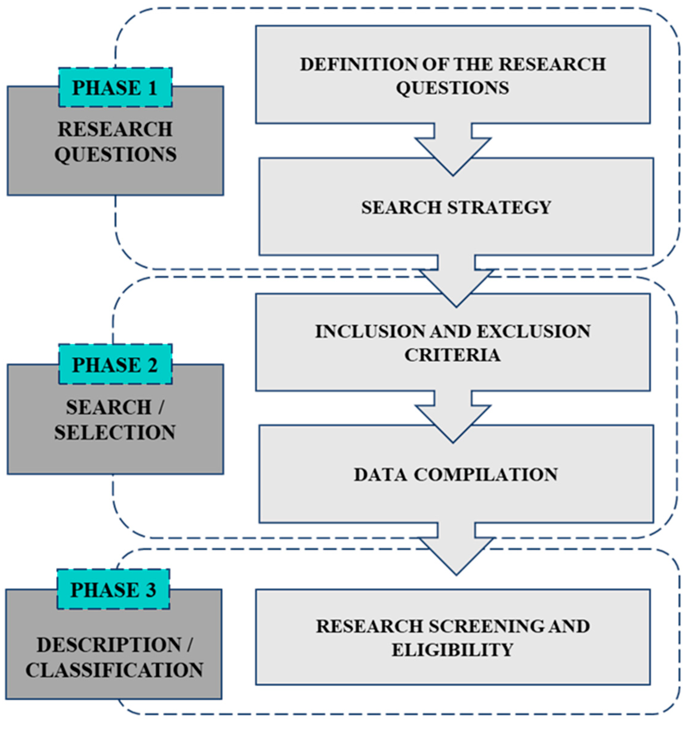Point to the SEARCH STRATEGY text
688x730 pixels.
click(456, 207)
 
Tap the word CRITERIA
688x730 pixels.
click(452, 355)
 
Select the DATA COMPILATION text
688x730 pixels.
click(456, 474)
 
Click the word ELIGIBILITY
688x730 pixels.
click(452, 650)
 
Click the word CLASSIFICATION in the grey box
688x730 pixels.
click(114, 670)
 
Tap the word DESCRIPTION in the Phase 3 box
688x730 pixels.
click(108, 645)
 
